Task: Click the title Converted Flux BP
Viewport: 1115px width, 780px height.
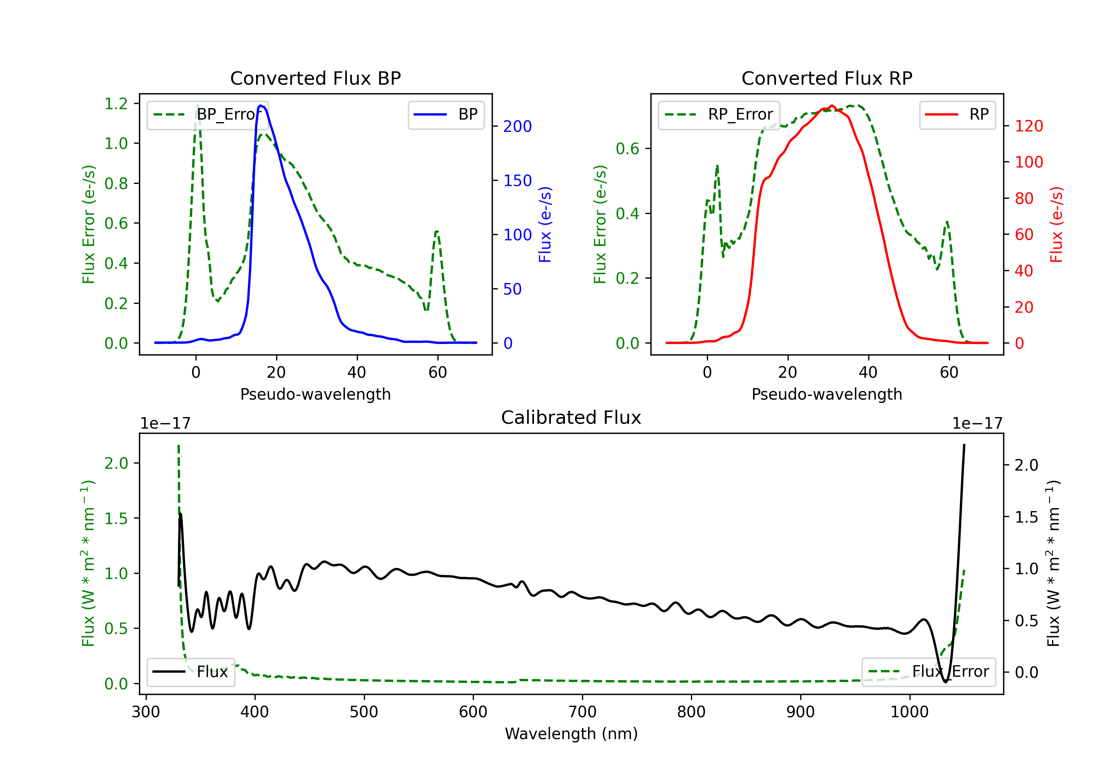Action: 315,78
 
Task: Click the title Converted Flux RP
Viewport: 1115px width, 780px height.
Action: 827,78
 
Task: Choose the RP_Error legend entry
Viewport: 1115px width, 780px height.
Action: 719,114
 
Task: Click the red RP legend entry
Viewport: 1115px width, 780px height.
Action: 957,114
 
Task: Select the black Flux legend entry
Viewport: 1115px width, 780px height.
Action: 191,672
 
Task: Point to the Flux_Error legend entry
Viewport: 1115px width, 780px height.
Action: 928,672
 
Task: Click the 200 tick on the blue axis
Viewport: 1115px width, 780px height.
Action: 517,126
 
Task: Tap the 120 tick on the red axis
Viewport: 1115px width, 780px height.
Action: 1028,126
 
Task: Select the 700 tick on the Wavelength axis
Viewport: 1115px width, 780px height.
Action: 582,712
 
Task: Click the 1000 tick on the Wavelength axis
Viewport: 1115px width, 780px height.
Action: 909,712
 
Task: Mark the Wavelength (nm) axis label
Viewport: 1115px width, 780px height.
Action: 571,734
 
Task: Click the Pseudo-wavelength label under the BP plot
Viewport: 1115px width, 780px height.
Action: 315,394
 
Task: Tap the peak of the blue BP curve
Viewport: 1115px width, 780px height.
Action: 261,105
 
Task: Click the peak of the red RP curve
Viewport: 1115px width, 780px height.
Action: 832,105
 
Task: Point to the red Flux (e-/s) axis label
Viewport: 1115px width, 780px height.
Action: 1056,224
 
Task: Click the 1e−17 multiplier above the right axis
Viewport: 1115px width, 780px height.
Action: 977,423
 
